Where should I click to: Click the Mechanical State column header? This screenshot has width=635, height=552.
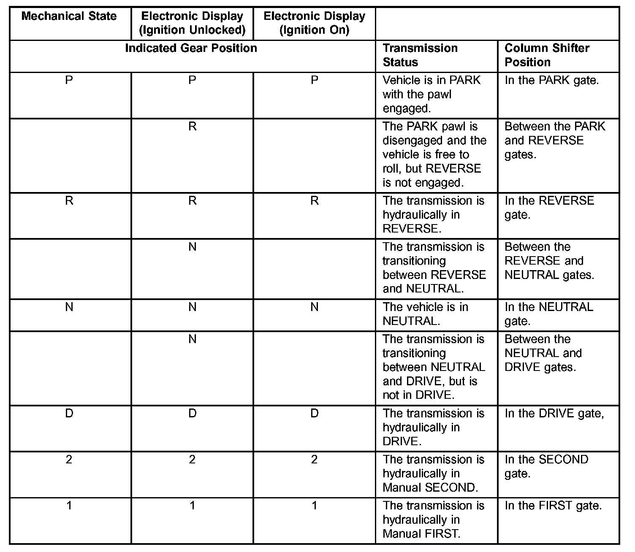[69, 16]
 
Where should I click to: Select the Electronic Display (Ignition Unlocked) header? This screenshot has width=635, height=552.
[192, 23]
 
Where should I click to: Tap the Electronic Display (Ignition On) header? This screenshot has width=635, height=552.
[314, 23]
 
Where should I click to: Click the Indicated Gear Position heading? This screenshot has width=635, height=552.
[191, 48]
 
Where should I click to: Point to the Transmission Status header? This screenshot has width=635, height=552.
[420, 55]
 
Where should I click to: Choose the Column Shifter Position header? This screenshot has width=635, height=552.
[547, 55]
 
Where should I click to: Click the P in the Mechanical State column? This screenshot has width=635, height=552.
[69, 80]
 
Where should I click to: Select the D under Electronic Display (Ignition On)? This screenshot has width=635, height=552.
[314, 414]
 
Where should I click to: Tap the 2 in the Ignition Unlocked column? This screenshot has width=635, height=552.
[192, 460]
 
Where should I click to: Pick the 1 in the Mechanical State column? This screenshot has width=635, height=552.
[69, 506]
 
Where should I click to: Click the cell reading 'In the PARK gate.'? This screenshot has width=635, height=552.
[551, 80]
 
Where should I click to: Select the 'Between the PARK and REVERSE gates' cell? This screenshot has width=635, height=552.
[554, 141]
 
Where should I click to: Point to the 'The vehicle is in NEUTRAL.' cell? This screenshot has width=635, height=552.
[425, 314]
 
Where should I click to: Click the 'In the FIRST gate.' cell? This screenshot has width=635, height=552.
[553, 506]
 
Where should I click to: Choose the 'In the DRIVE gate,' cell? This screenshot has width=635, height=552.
[554, 414]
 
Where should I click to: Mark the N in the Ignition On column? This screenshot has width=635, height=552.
[314, 307]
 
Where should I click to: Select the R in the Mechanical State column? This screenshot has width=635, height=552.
[69, 201]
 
